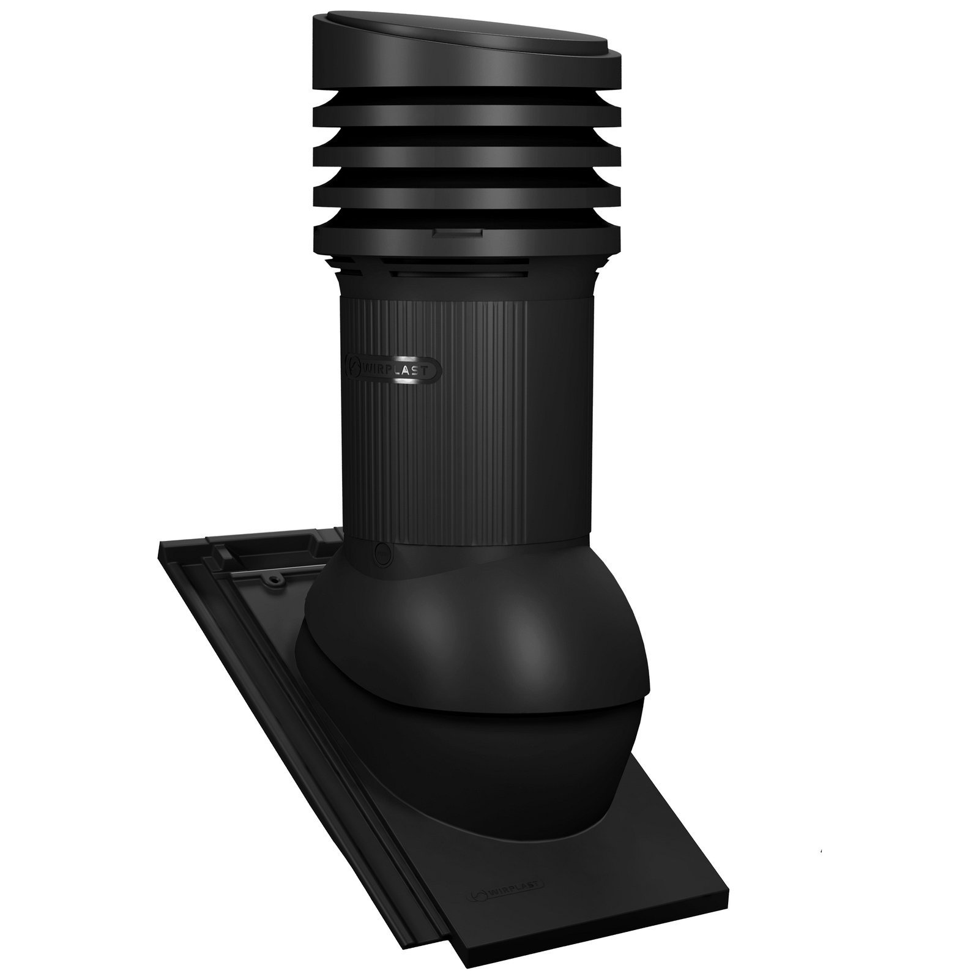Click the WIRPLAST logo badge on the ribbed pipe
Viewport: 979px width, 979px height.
393,369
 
